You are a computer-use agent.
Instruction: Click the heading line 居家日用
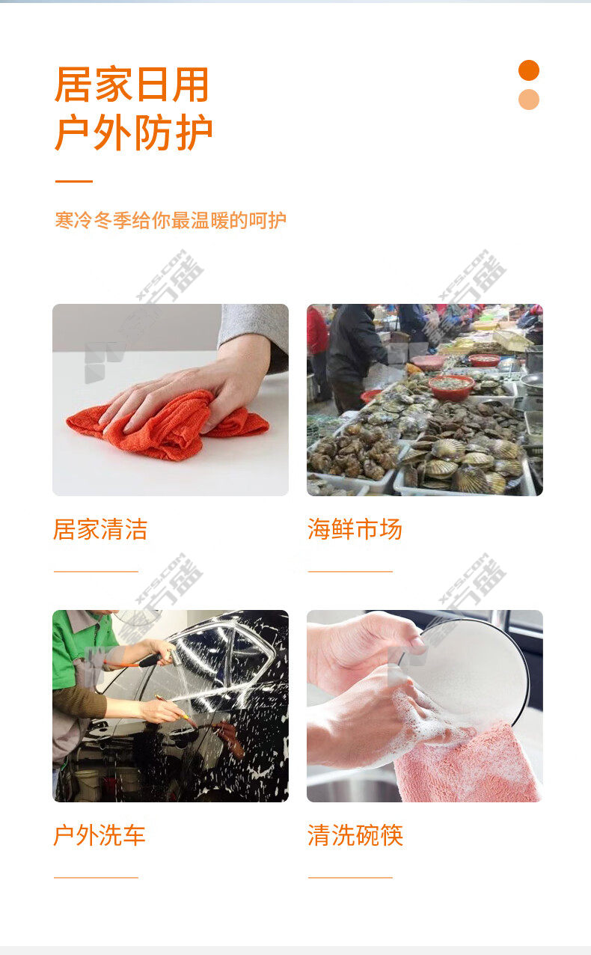coord(132,84)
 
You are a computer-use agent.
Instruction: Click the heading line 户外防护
coord(133,132)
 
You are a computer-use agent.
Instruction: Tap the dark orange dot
coord(529,70)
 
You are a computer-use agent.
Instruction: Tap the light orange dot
coord(529,100)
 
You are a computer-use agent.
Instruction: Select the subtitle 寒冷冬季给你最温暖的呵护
coord(171,221)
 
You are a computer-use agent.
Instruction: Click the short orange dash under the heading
coord(74,181)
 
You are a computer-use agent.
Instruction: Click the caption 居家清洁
coord(100,529)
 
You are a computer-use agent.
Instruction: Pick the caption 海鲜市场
coord(355,529)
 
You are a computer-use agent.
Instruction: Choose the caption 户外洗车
coord(99,835)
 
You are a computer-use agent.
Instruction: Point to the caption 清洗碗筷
coord(355,835)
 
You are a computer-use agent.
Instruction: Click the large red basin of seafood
coord(452,386)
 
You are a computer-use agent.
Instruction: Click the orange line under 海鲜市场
coord(350,571)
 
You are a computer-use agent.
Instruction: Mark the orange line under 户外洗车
coord(96,877)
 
